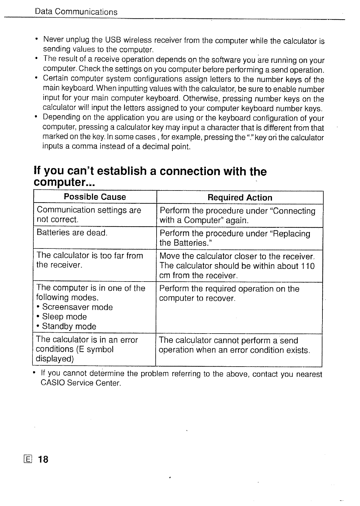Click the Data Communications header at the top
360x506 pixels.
(76, 12)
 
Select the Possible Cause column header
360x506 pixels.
(95, 197)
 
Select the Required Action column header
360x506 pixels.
(240, 198)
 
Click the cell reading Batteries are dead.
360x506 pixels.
(72, 233)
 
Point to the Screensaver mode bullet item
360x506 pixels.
(77, 307)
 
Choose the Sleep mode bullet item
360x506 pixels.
(64, 317)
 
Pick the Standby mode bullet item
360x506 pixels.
(69, 326)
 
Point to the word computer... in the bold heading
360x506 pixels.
(64, 182)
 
